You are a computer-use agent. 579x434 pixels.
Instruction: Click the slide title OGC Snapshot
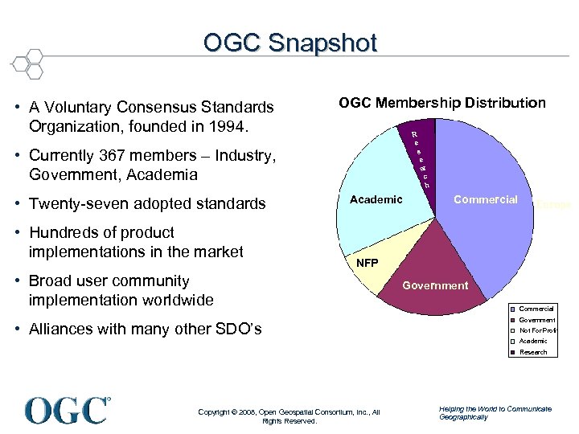289,43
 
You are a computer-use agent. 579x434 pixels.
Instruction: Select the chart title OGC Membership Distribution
441,103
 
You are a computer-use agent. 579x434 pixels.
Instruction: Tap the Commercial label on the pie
486,199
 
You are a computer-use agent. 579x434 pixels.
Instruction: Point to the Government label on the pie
435,285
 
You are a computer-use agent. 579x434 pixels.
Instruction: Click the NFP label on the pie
367,263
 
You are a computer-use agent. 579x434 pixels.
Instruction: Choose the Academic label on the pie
376,199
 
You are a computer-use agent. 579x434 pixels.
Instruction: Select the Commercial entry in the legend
536,309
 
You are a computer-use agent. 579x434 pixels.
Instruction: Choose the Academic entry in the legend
533,341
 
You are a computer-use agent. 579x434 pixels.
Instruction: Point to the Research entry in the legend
533,352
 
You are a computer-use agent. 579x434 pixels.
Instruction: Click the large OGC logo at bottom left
68,410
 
